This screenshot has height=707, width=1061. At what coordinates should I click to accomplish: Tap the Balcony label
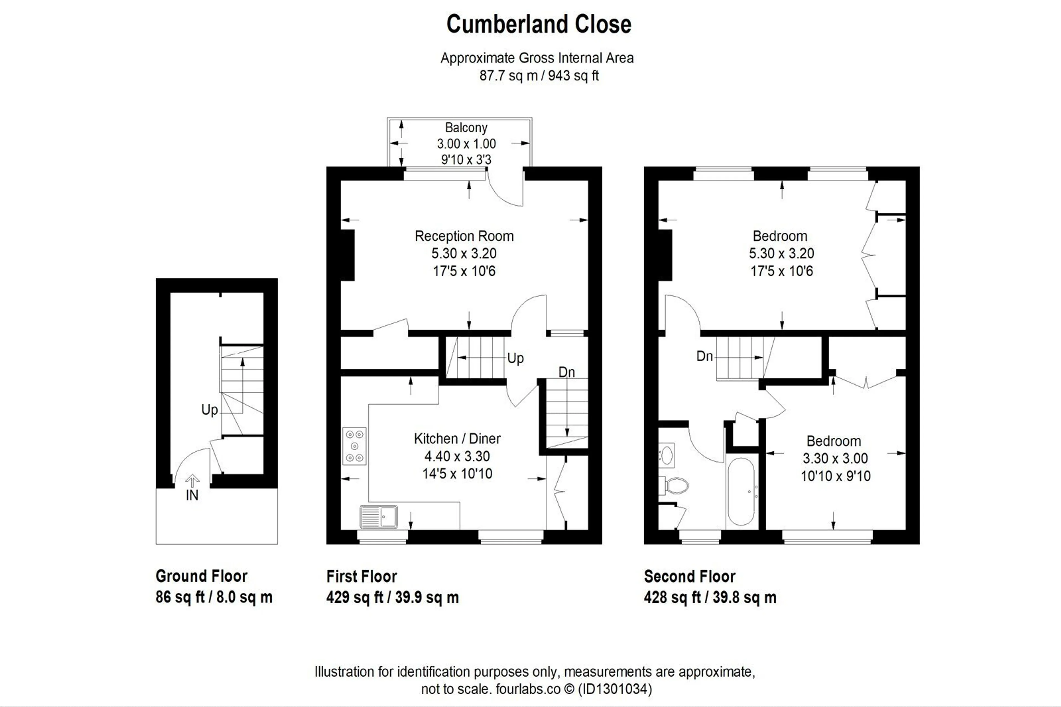tap(466, 128)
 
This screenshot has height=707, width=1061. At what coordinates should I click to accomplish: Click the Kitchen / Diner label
tap(457, 438)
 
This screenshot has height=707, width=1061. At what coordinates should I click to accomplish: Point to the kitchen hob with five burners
tap(354, 446)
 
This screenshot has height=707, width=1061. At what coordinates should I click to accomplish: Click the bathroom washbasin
tap(667, 454)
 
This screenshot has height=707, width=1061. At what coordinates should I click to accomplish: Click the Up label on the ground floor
tap(210, 410)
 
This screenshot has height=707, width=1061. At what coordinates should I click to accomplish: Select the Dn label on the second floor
tap(705, 356)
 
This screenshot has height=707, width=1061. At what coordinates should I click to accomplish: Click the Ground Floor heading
tap(201, 576)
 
